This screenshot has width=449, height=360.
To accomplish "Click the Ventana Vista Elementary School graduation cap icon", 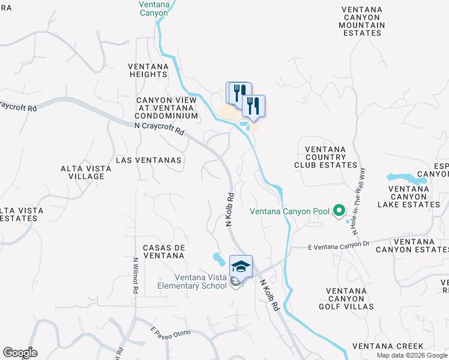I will click(x=241, y=266).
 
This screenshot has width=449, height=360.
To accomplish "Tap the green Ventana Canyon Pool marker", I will click(x=339, y=211).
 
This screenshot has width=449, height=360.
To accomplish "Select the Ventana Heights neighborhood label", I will click(x=151, y=70).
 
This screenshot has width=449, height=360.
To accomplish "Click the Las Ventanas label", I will click(x=148, y=160).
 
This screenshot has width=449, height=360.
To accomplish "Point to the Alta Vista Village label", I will click(x=86, y=173).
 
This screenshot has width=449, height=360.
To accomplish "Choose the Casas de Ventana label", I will click(x=163, y=251).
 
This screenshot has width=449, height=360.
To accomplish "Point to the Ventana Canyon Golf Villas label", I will click(x=349, y=299).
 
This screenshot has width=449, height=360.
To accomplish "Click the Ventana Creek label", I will click(x=388, y=346).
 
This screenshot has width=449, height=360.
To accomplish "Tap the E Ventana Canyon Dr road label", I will click(x=338, y=245).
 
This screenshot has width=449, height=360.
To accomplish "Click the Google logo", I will click(x=20, y=353).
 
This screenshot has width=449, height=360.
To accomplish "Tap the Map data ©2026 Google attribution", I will click(x=411, y=355).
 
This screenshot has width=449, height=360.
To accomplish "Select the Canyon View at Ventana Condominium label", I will click(x=166, y=108).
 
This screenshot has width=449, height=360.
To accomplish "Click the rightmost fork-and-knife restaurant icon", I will click(x=254, y=106).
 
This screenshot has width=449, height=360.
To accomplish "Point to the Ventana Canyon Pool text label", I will click(x=289, y=211).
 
